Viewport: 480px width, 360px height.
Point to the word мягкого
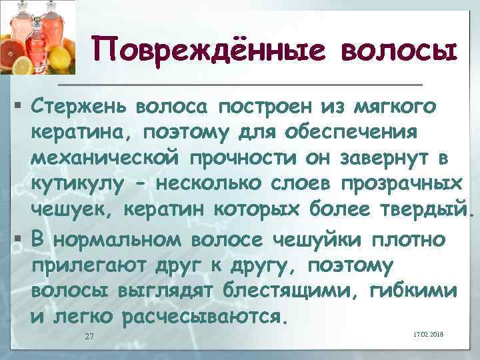coord(397,105)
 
